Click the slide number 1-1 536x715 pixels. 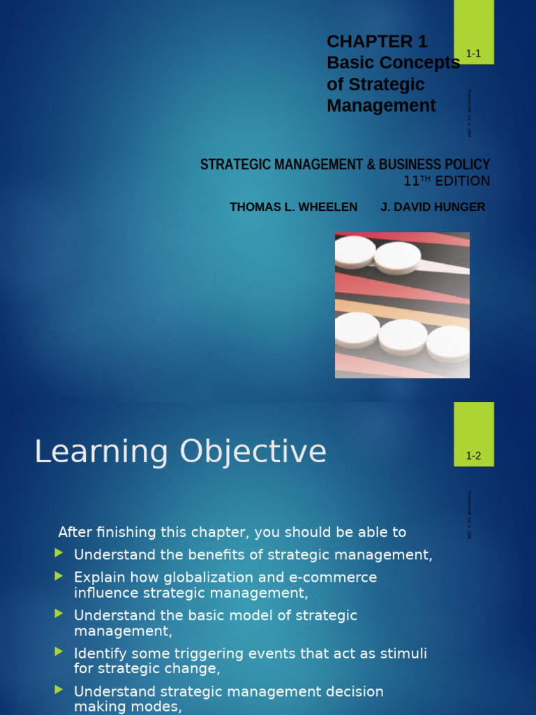474,54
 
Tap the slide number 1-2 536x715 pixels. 474,457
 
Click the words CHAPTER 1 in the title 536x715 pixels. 377,42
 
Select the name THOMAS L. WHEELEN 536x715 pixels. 293,207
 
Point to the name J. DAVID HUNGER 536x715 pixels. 433,207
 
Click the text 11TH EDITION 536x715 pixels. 447,182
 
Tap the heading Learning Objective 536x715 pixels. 180,452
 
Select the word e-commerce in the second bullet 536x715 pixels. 338,577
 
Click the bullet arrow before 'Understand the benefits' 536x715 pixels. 59,554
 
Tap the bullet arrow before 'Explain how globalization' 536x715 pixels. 59,577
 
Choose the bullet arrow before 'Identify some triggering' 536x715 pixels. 59,653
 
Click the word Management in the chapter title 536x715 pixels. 381,105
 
